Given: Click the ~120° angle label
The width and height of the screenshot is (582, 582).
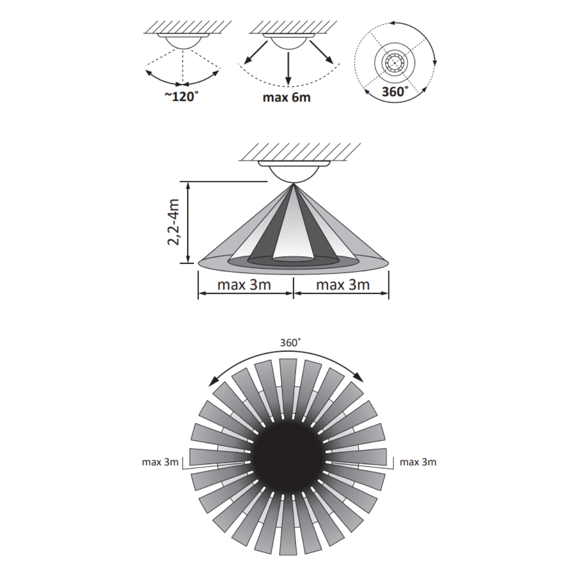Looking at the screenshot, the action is pyautogui.click(x=182, y=97).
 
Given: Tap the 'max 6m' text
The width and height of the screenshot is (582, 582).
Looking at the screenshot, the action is pyautogui.click(x=287, y=97).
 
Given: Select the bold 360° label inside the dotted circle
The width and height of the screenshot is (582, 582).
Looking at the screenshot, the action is pyautogui.click(x=395, y=92).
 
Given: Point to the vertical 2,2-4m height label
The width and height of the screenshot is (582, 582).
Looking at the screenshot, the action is pyautogui.click(x=174, y=222).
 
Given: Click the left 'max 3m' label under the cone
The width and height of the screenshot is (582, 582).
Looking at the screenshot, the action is pyautogui.click(x=244, y=285).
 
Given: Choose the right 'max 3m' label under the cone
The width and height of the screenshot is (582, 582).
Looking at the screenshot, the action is pyautogui.click(x=343, y=285).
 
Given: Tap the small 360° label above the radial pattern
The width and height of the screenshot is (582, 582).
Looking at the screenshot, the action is pyautogui.click(x=290, y=343).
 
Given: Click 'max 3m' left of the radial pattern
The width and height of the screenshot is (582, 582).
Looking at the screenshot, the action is pyautogui.click(x=161, y=462).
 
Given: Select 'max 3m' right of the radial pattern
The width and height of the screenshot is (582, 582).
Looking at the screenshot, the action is pyautogui.click(x=418, y=462).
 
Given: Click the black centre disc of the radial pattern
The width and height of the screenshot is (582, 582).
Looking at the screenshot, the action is pyautogui.click(x=288, y=457).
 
